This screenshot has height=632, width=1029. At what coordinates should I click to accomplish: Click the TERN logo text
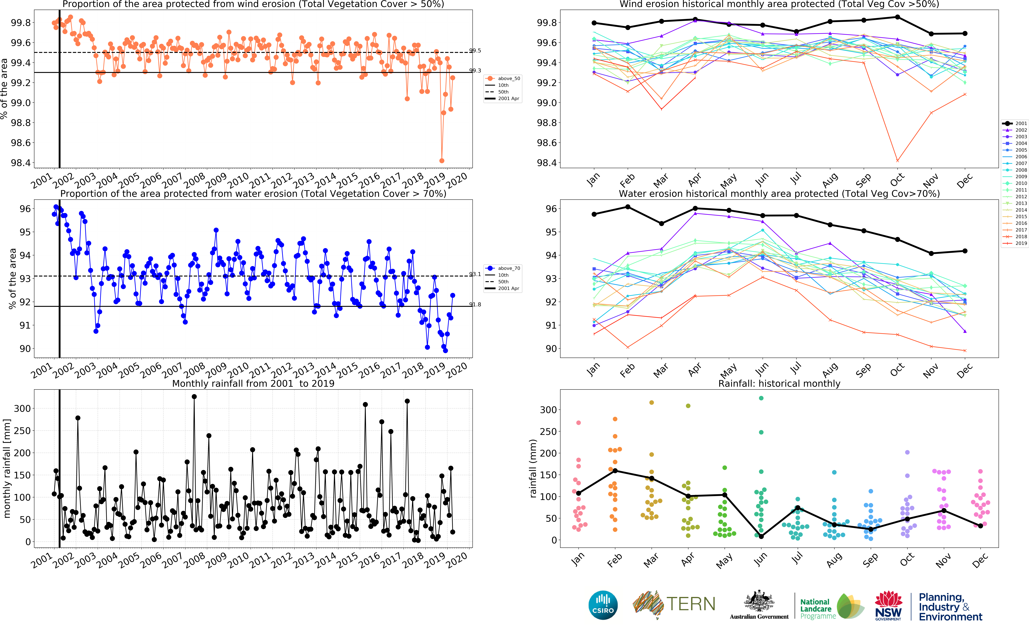[690, 604]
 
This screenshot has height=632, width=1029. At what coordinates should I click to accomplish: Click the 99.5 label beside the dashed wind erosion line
[475, 51]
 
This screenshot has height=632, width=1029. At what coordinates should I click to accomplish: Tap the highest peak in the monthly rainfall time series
[194, 397]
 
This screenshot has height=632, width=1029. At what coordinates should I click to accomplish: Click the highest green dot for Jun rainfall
[761, 398]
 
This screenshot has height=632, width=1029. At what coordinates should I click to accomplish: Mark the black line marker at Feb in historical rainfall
[615, 471]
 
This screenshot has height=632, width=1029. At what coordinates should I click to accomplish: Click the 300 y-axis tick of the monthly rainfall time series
[22, 408]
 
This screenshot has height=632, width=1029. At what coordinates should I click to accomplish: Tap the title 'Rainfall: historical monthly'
[779, 383]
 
